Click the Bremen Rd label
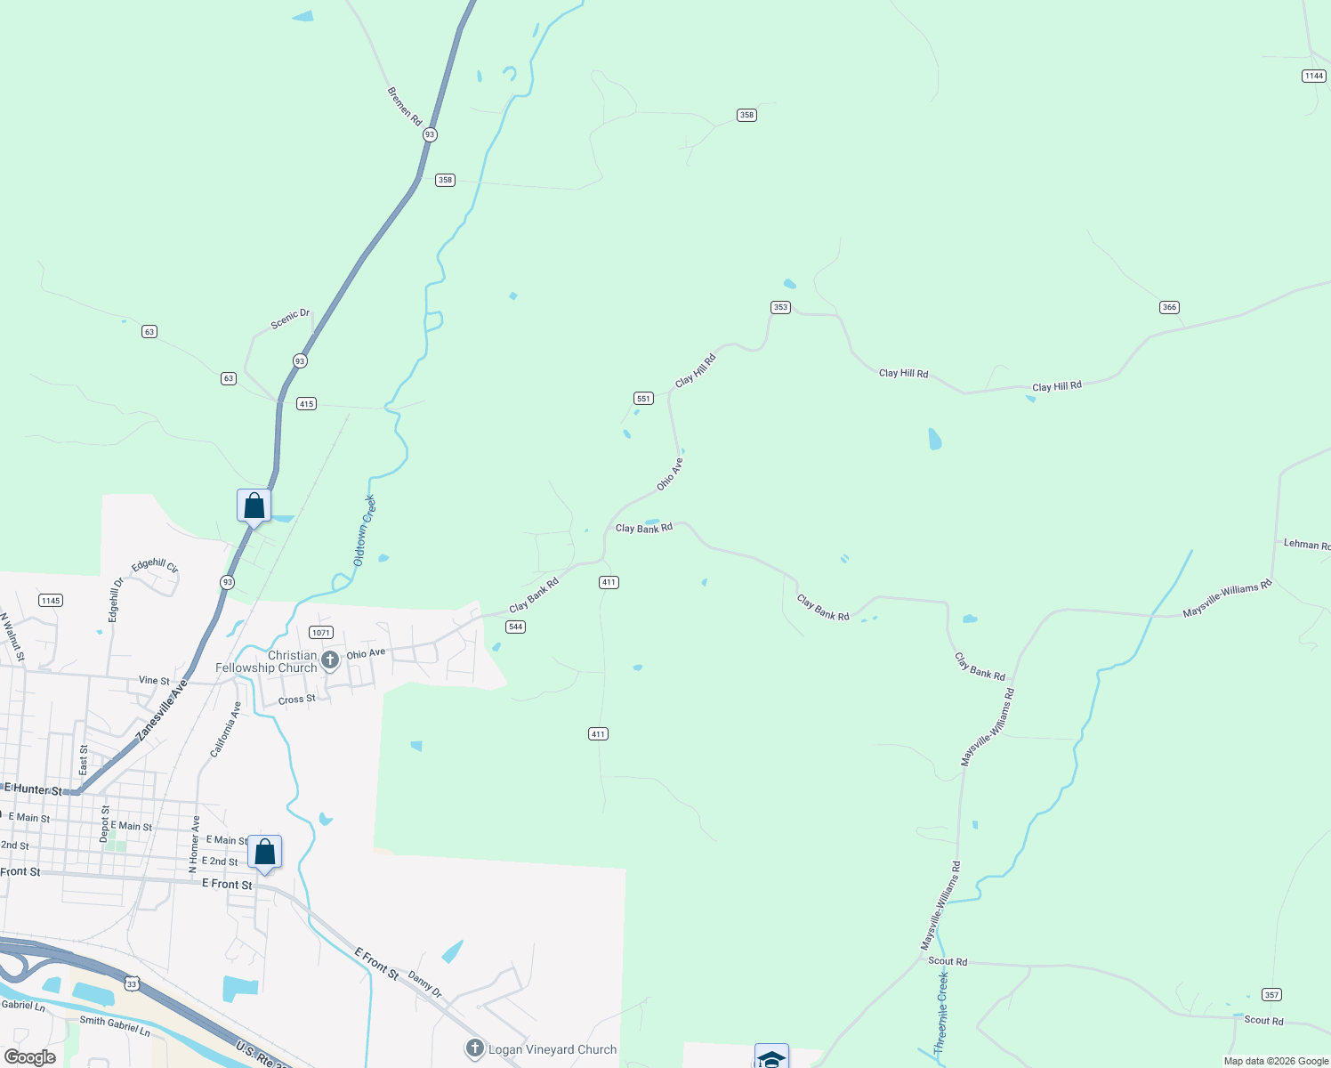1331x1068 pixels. point(405,106)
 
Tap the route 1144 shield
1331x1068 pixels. point(1314,76)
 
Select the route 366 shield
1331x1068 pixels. point(1169,307)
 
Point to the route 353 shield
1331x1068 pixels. point(780,307)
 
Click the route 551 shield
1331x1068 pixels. point(643,398)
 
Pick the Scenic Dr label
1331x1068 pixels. point(290,319)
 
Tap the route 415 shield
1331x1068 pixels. point(306,403)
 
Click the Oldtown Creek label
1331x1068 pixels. point(365,530)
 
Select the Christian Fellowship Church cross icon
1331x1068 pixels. point(330,660)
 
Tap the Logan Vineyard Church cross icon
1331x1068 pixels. point(475,1048)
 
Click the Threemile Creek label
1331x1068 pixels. point(942,1013)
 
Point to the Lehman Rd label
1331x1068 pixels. point(1306,544)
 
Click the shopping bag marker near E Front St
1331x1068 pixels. point(264,853)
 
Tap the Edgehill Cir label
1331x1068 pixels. point(155,565)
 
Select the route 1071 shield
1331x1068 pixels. point(321,633)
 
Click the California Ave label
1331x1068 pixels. point(226,730)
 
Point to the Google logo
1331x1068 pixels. point(30,1057)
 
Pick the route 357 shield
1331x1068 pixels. point(1271,994)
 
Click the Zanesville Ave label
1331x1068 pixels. point(163,711)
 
